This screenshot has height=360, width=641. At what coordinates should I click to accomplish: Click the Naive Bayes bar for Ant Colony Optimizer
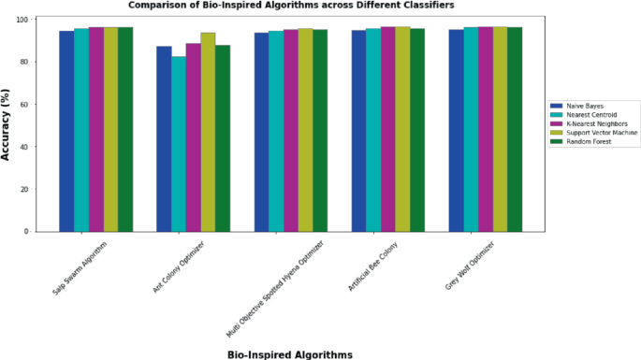(x=164, y=138)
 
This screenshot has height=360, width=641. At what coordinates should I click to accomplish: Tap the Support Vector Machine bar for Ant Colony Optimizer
(x=208, y=132)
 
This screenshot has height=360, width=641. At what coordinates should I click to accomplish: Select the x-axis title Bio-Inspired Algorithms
(x=290, y=353)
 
